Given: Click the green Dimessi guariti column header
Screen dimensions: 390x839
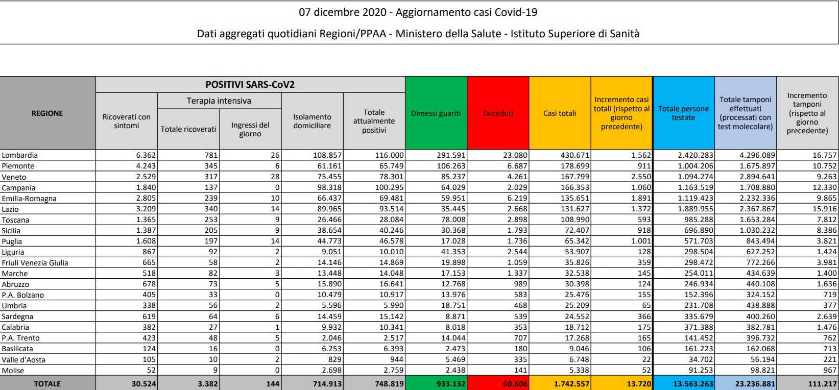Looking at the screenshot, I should coord(436,113).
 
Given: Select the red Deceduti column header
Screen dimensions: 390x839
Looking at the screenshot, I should coord(498,113).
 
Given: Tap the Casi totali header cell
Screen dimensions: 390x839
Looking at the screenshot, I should coord(560,113).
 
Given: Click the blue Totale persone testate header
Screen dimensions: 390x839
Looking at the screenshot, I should coord(683,113).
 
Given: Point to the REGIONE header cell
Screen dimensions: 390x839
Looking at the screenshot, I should coord(47,113).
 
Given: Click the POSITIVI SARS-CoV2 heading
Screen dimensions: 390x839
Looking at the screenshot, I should coord(250,85).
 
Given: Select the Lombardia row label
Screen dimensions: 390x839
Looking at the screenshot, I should coord(20,155).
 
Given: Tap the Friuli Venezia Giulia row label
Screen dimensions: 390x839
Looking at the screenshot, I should coord(35,263).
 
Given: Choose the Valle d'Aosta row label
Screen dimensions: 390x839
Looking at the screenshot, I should coord(23,360).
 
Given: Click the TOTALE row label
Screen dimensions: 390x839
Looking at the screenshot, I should coord(47,383).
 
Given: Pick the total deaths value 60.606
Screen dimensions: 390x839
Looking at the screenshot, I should coord(515,383).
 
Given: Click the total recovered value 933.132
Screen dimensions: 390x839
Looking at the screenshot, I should coord(451,383).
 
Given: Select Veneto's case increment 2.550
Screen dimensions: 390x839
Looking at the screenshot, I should coord(641,177).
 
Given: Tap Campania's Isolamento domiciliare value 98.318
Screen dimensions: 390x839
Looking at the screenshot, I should coord(327,187).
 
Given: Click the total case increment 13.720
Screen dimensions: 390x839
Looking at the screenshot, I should coord(638,383).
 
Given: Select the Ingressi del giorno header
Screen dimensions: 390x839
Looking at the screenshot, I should coord(250,129).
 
